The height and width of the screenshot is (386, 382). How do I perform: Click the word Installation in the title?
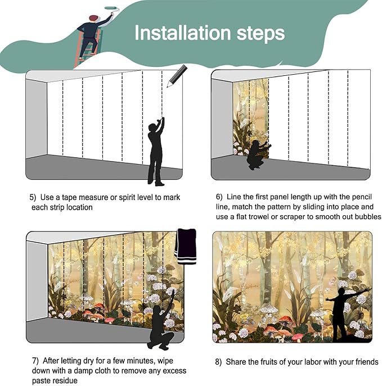tap(183, 33)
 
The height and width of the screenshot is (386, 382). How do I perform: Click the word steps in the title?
tap(260, 34)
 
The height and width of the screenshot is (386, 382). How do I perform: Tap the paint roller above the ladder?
tap(112, 8)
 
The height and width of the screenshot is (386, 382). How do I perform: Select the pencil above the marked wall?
tap(177, 76)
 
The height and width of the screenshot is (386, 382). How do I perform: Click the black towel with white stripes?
tap(186, 247)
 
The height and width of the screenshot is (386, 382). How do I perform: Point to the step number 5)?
tap(33, 197)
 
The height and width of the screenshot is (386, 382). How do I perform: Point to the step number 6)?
tap(219, 197)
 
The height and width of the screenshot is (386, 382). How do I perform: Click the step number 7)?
tap(35, 361)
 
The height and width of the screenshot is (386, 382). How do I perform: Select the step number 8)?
tap(218, 362)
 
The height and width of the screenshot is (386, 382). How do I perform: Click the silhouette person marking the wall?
tap(156, 151)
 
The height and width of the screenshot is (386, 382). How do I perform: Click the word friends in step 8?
tap(367, 362)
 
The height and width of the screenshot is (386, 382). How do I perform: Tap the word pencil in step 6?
tap(362, 197)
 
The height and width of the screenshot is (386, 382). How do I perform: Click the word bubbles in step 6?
tap(368, 217)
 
